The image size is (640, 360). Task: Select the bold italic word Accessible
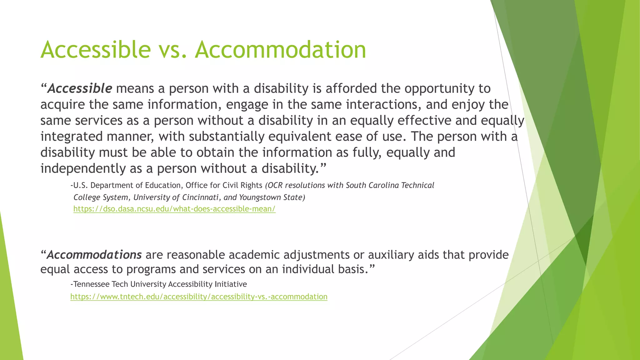(x=80, y=88)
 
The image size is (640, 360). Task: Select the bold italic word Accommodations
(x=94, y=255)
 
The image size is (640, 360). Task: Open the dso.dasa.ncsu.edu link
(x=174, y=209)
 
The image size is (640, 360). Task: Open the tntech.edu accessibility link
(x=199, y=297)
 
